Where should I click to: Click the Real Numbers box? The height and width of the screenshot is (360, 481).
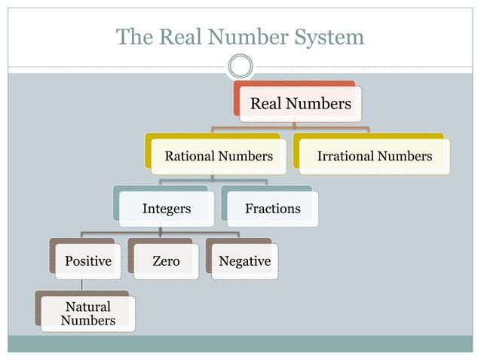[x=300, y=103]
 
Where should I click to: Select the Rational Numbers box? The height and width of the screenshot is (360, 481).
[x=219, y=156]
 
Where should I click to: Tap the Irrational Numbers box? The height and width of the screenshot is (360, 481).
[x=375, y=156]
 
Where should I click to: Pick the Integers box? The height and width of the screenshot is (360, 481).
[x=166, y=209]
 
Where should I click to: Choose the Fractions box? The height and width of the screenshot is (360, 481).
[x=273, y=209]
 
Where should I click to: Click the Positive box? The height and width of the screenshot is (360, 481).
[x=88, y=261]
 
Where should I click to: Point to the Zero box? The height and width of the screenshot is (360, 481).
[x=166, y=261]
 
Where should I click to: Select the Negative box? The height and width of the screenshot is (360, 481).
[x=244, y=261]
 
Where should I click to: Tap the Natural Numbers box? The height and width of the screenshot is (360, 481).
[x=88, y=313]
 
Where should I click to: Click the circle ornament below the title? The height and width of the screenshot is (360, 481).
[x=240, y=66]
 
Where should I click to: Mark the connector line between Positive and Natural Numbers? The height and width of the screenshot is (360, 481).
[x=82, y=285]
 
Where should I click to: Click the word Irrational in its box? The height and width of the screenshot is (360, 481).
[x=345, y=156]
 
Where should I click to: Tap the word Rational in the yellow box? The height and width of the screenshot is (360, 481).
[x=189, y=156]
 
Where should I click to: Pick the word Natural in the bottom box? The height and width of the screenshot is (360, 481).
[x=88, y=307]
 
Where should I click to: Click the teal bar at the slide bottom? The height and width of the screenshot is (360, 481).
[x=240, y=343]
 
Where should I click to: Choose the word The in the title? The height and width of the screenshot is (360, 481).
[x=133, y=36]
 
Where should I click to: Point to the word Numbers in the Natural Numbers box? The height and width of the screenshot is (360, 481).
[x=88, y=320]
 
